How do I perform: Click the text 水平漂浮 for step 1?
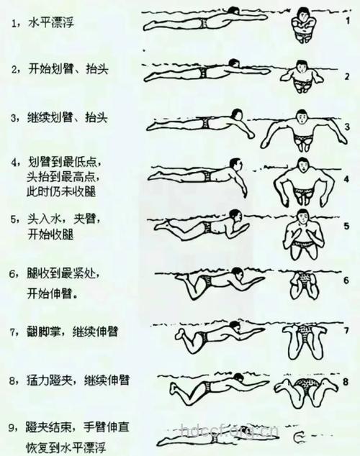coord(53,23)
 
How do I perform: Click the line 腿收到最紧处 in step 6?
coord(63,275)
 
